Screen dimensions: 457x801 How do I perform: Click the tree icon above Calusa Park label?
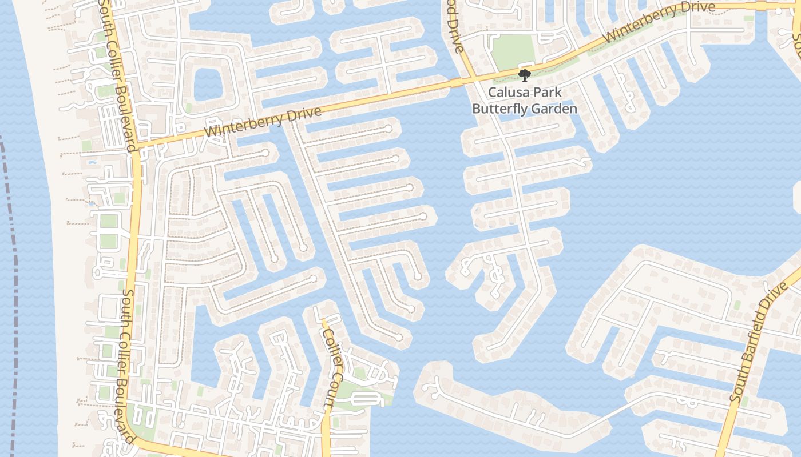pos(524,75)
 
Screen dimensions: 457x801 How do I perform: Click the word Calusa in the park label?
pos(507,92)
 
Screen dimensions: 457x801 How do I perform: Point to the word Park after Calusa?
pos(548,92)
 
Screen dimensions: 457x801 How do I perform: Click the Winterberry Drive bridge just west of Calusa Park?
pos(456,83)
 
